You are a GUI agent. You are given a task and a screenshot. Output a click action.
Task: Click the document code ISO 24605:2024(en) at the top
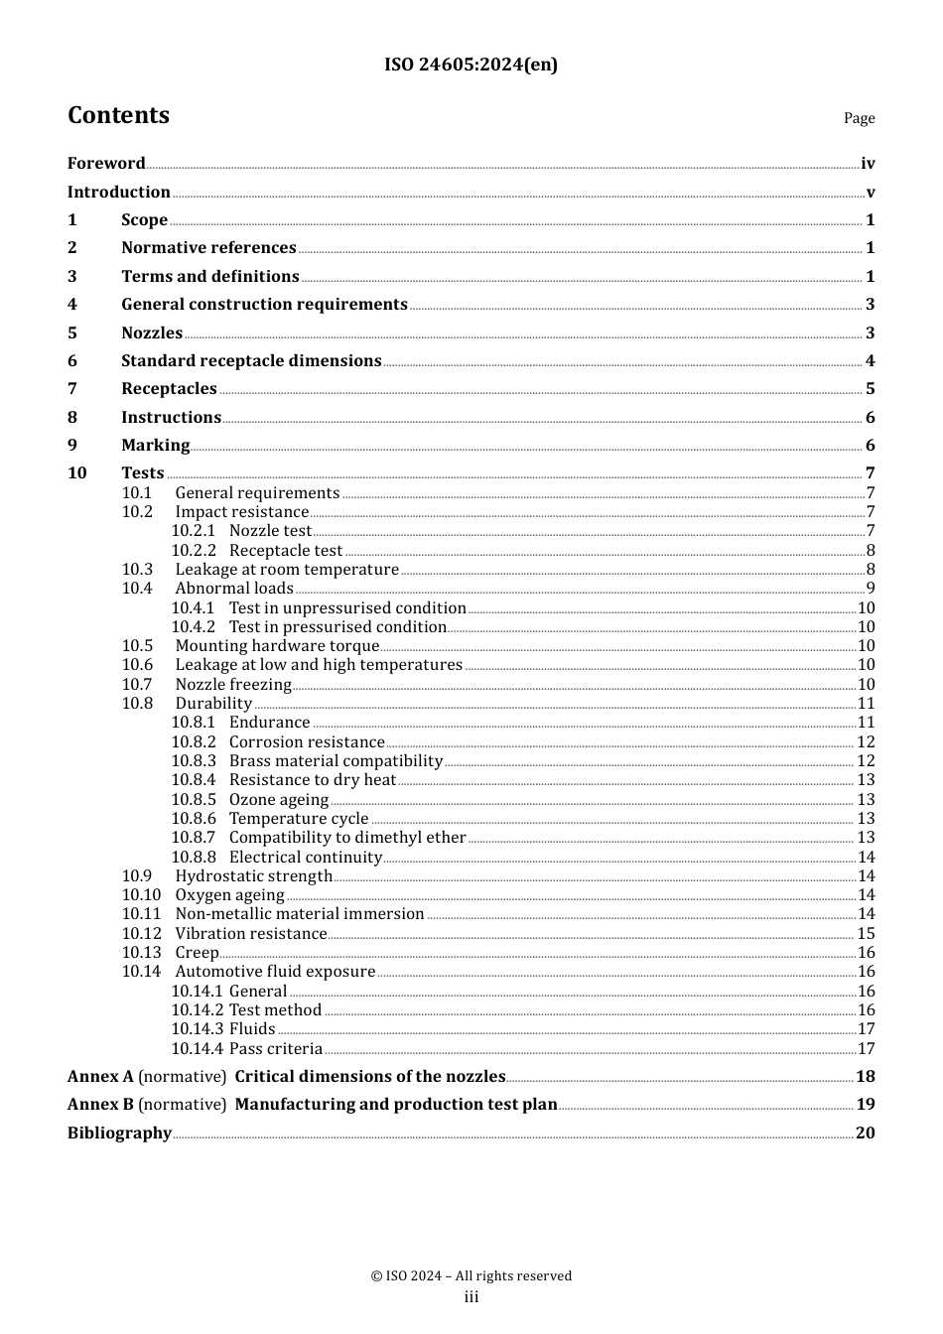(471, 65)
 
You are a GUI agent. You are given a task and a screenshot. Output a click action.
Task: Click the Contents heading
(118, 115)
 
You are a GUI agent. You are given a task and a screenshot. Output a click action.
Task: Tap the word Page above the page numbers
(859, 118)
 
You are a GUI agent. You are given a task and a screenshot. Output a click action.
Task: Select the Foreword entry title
(106, 163)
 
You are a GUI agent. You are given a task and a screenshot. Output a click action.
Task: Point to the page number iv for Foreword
(868, 164)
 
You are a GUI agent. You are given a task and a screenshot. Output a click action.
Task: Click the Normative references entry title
(208, 247)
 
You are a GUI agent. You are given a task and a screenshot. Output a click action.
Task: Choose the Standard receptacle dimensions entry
(251, 360)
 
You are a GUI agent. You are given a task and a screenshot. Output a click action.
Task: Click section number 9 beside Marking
(72, 445)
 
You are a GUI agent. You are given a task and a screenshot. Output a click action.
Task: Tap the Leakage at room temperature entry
(287, 569)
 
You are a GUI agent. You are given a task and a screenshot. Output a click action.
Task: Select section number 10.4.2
(193, 626)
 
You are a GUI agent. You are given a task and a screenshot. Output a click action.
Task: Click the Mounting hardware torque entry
(277, 645)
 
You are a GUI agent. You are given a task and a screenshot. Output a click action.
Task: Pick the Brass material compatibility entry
(336, 760)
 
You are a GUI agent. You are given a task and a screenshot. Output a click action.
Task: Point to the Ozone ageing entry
(278, 799)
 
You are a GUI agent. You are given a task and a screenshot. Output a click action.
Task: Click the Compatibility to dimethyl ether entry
(346, 837)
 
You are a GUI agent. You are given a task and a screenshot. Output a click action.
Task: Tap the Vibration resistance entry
(250, 933)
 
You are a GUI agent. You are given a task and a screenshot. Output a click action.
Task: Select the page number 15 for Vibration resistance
(866, 933)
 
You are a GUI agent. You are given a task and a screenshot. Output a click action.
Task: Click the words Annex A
(100, 1076)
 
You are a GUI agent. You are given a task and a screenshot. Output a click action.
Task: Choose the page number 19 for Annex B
(866, 1104)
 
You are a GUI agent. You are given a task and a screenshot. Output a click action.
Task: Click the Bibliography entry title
(119, 1133)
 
